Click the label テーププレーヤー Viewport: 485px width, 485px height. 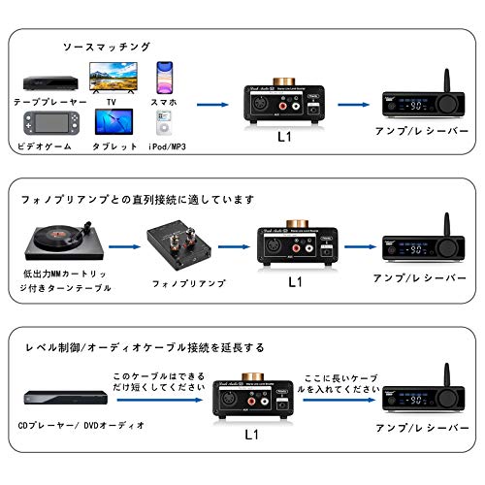click(x=49, y=101)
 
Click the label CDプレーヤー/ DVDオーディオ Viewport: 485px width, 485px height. click(x=84, y=425)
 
